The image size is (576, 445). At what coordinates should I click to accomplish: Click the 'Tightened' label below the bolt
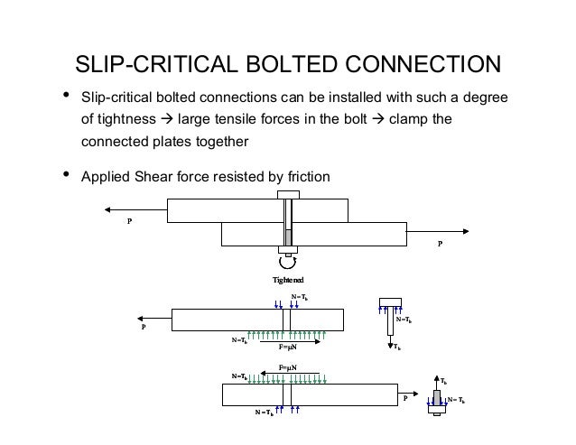point(288,281)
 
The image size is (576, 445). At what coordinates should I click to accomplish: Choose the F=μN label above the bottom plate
point(289,368)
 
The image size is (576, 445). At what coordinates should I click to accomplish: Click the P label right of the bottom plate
point(405,398)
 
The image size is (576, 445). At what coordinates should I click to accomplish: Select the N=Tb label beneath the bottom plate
point(265,414)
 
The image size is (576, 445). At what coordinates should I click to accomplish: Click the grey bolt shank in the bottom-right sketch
point(435,400)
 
